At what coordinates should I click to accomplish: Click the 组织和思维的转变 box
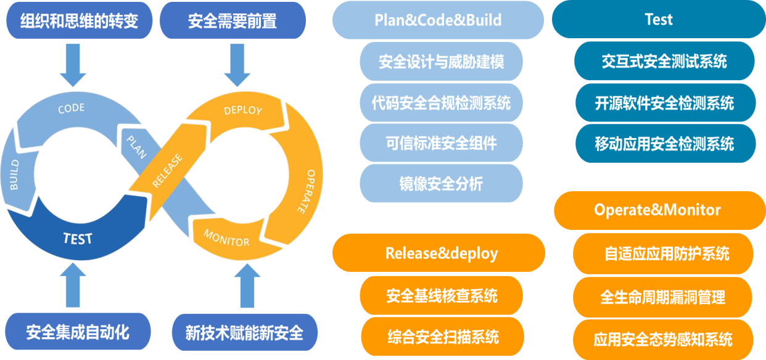click(80, 20)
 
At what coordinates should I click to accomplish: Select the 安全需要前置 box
click(233, 20)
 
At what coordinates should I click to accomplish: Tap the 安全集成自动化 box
click(78, 332)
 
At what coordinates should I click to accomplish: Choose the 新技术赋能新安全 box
click(244, 332)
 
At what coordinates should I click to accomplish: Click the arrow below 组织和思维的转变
click(73, 65)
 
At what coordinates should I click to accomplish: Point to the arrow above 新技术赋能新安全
click(247, 286)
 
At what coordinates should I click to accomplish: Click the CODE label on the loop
click(71, 108)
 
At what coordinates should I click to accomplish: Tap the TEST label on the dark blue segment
click(78, 239)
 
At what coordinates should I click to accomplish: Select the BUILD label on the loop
click(14, 174)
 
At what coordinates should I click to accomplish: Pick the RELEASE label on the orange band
click(167, 171)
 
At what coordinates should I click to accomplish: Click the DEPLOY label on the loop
click(243, 110)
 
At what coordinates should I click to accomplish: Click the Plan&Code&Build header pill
click(438, 20)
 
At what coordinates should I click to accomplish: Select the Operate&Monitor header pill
click(660, 210)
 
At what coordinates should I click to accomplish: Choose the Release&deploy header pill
click(439, 253)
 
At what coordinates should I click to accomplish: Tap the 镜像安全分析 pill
click(441, 184)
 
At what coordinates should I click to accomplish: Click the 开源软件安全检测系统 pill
click(665, 103)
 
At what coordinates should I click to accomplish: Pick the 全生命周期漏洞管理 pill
click(663, 297)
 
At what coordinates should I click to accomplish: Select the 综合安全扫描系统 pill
click(442, 337)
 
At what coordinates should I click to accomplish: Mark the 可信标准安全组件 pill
click(441, 143)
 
